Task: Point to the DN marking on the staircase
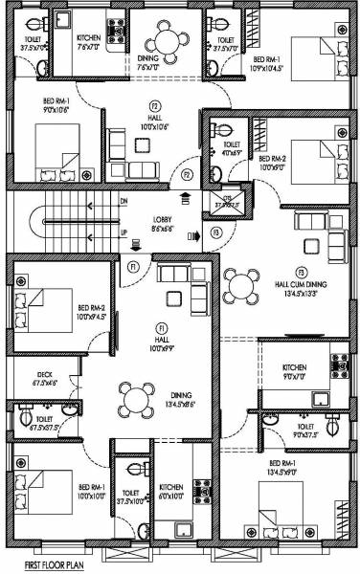[124, 202]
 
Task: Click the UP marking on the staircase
[124, 233]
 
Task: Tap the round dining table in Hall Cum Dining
[239, 284]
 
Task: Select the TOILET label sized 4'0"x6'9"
[230, 147]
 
